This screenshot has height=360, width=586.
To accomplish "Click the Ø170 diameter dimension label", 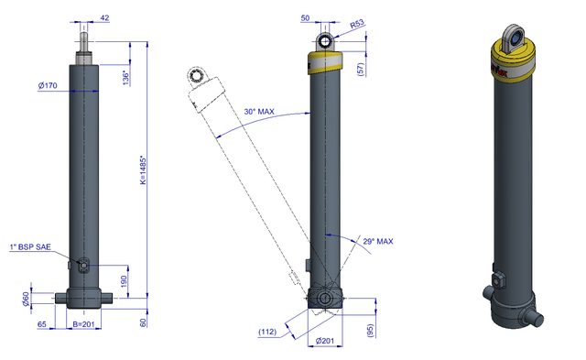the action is tap(48, 85).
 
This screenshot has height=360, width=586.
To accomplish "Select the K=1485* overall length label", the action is tap(144, 170).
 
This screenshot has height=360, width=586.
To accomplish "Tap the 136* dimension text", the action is tap(126, 77).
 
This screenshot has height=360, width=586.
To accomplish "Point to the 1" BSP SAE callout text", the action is tap(30, 246).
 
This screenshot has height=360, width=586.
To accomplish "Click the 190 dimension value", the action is tap(125, 281).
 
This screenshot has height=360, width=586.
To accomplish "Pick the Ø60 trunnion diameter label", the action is tap(26, 299).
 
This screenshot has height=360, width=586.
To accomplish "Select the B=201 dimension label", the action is tap(83, 324).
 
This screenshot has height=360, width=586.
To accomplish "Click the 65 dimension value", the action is tap(42, 324).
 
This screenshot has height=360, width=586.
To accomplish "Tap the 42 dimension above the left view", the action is tap(104, 17).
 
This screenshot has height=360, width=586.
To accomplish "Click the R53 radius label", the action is tap(357, 25).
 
